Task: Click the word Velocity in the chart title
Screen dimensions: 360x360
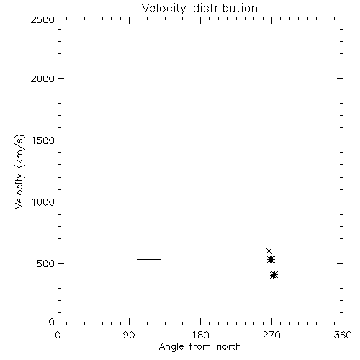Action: point(164,9)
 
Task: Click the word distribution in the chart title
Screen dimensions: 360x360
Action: point(225,8)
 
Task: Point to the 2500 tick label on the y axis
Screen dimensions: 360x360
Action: point(42,19)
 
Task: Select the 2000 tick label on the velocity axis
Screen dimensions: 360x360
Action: point(42,78)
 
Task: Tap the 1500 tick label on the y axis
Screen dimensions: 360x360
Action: point(43,140)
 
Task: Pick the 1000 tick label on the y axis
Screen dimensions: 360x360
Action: point(43,202)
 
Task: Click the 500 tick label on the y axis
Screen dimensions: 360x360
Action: point(46,264)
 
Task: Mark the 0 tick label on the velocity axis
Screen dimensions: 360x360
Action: point(52,322)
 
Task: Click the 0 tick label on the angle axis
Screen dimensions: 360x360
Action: point(58,335)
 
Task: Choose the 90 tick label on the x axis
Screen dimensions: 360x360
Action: point(129,335)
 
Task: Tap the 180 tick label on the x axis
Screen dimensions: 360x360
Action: point(200,335)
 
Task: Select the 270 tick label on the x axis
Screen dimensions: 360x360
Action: point(271,335)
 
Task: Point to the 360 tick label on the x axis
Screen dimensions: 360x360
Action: point(343,335)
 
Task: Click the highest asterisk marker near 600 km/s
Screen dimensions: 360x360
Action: point(269,251)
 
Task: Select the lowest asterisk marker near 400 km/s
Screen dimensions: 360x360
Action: point(274,275)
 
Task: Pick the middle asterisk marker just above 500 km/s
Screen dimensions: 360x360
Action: point(271,259)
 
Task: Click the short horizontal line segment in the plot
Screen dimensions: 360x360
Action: point(149,259)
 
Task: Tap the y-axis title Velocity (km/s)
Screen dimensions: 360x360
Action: point(19,171)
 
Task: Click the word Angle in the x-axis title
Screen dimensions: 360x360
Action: point(171,347)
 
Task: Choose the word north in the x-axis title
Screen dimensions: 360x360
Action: point(229,347)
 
